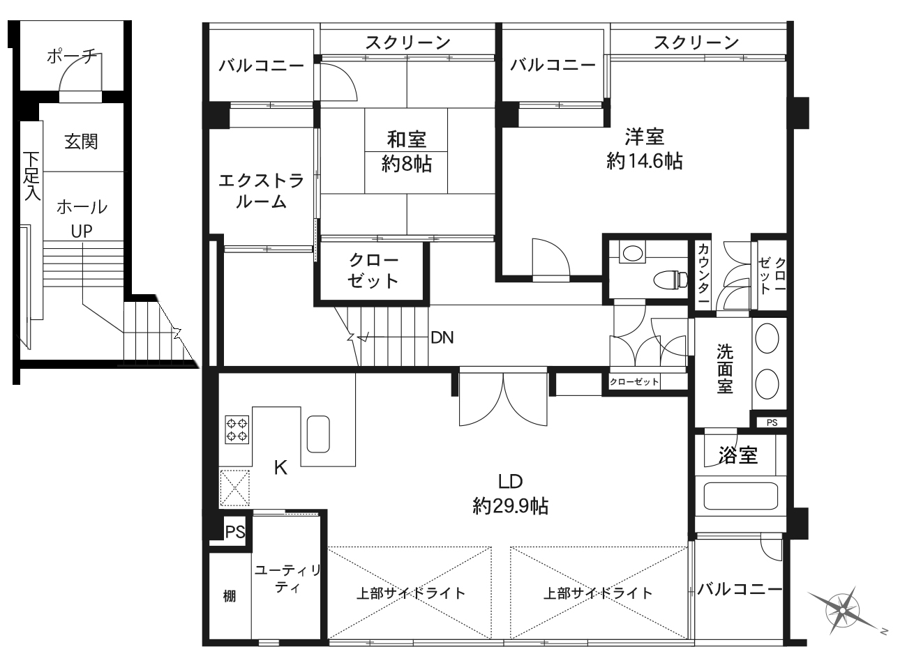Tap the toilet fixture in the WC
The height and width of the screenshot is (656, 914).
coord(670,280)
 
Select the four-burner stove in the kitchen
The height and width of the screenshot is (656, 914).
coord(237,429)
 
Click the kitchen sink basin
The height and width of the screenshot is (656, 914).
coord(318,434)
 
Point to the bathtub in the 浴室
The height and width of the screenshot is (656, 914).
coord(740,496)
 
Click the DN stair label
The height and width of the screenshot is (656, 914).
coord(442,337)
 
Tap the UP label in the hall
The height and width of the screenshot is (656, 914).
coord(82,231)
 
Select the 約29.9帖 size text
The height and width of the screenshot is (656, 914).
coord(511,507)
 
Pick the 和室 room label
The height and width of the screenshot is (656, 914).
coord(406,139)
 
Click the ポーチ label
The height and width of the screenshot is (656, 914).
coord(72,56)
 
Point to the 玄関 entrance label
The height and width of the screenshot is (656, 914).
coord(81,142)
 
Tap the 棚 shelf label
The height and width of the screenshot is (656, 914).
coord(230,597)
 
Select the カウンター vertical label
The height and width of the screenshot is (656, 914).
coord(703,273)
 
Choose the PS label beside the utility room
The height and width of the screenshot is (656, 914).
coord(235,532)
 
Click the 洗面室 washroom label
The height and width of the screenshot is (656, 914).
coord(725,369)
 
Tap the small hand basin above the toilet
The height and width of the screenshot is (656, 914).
coord(632,252)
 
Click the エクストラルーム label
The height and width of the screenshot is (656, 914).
coord(261,191)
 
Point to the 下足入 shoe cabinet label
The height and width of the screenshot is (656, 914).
coord(31,176)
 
